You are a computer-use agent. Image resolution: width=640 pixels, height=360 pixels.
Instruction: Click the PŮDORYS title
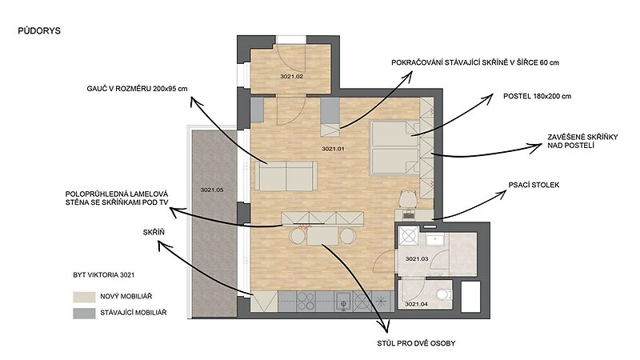click(39, 31)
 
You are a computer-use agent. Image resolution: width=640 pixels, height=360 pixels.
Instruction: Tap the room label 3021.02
click(291, 76)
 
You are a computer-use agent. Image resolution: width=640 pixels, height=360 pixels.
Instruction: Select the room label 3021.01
click(333, 149)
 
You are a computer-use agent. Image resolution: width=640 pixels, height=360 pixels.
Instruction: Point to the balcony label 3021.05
click(212, 190)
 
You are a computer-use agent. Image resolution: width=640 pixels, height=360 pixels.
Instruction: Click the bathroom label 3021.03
click(416, 258)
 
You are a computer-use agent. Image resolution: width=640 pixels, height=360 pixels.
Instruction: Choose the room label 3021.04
click(416, 304)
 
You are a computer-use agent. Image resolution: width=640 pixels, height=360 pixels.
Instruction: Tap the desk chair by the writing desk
click(408, 199)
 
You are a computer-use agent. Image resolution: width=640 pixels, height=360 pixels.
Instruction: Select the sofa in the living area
click(286, 176)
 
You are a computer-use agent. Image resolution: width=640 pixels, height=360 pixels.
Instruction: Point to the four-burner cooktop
click(306, 302)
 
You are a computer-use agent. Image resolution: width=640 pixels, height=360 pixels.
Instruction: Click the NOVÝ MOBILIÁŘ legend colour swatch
click(84, 297)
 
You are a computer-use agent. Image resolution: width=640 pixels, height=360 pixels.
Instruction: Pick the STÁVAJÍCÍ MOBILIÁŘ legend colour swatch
click(84, 313)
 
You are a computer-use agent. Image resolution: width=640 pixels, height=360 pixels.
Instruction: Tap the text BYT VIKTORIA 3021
click(104, 275)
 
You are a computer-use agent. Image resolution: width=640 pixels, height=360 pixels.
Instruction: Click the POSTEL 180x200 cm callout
click(537, 96)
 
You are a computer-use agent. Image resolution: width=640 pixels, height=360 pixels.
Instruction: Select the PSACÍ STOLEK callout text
click(534, 185)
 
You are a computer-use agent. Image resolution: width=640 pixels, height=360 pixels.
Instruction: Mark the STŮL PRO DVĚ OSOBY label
click(416, 343)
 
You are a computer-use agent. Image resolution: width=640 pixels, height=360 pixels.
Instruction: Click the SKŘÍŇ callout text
click(154, 232)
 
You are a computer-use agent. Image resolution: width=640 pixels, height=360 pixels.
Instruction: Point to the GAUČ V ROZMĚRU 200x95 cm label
click(137, 89)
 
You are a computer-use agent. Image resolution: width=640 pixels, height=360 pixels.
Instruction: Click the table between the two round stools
click(322, 236)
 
